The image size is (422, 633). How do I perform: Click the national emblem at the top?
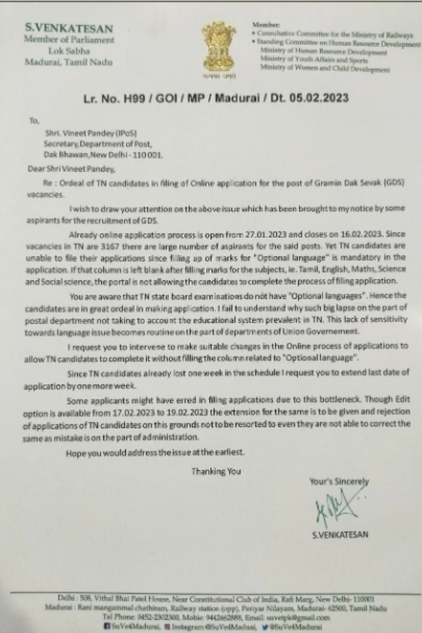click(219, 48)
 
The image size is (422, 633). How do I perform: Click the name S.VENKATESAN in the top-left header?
click(69, 28)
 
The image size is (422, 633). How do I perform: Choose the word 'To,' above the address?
click(34, 120)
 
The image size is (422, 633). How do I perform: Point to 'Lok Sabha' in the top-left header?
click(68, 51)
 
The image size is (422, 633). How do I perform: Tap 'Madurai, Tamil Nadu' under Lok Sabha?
click(68, 62)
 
